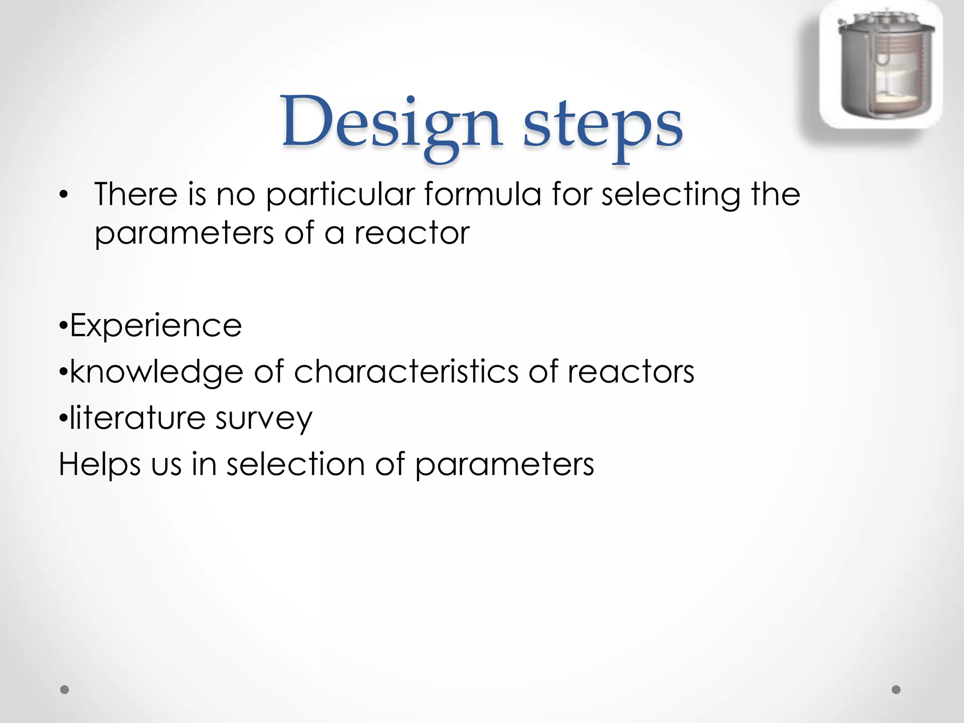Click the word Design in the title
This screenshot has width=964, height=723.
click(391, 123)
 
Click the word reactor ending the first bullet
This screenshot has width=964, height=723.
click(412, 233)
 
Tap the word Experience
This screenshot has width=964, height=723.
click(155, 326)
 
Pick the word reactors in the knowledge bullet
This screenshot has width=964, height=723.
click(631, 372)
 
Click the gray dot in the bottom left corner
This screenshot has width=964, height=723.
click(65, 690)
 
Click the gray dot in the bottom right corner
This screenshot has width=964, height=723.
click(896, 690)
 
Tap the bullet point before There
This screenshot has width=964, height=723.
click(64, 195)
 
